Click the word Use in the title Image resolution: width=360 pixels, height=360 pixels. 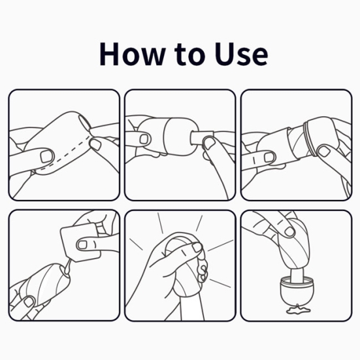coord(241,54)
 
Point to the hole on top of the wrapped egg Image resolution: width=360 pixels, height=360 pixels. coord(84,122)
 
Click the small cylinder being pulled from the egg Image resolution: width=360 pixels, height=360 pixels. coord(202,138)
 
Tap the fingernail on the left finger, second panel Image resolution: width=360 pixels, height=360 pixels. coord(144,139)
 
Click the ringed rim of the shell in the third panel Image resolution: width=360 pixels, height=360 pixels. coord(310,138)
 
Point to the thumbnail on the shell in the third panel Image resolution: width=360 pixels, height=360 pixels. coord(323,152)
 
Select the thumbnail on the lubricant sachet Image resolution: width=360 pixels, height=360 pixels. coord(82,245)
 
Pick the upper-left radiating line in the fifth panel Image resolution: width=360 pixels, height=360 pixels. coord(136,244)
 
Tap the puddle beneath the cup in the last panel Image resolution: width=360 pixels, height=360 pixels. coord(297,309)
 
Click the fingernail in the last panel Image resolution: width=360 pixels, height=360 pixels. coord(289,231)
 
